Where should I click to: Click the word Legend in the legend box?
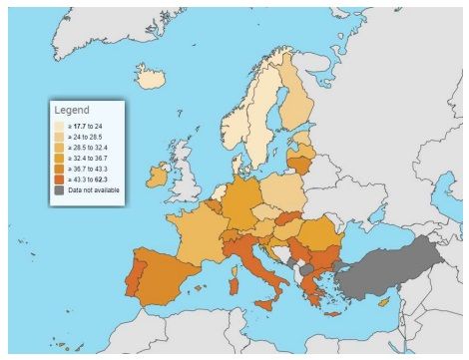pyautogui.click(x=72, y=110)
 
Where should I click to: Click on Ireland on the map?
pyautogui.click(x=157, y=176)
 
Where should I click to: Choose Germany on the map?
pyautogui.click(x=239, y=199)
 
